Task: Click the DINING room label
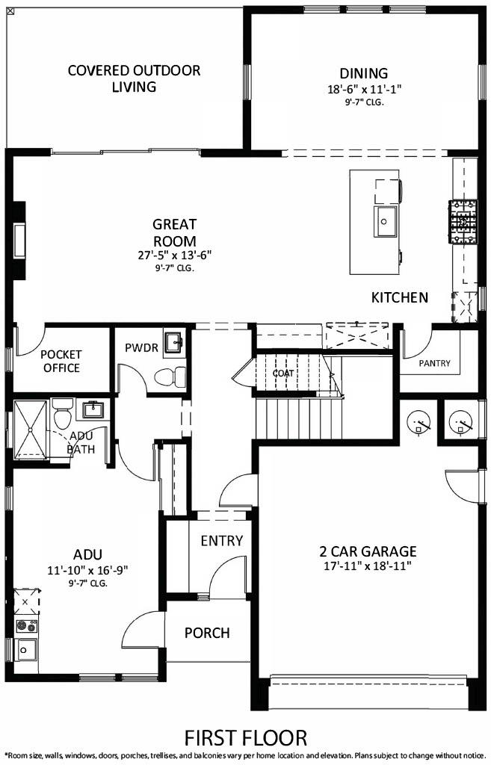364,73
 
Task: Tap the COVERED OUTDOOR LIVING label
134,78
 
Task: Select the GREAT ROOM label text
174,232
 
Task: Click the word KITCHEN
400,297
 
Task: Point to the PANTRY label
434,364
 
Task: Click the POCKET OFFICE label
61,361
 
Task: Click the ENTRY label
222,541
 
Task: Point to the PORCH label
207,633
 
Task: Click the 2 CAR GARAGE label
368,551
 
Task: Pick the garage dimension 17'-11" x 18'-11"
368,566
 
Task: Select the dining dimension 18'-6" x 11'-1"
364,88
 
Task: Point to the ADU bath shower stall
32,429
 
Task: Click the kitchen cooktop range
462,221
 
